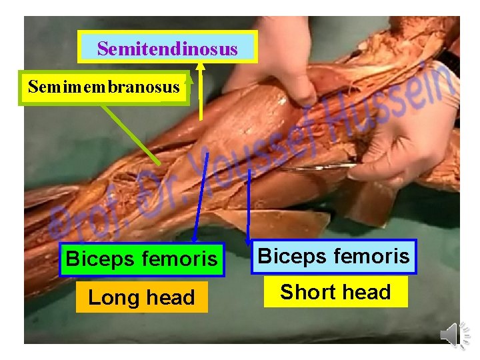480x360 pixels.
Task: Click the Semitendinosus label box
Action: point(167,49)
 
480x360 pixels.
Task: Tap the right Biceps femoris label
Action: point(333,256)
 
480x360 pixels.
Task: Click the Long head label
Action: point(141,297)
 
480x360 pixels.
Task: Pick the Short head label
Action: point(335,292)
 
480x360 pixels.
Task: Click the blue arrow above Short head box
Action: point(249,207)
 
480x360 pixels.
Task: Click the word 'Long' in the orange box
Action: point(112,297)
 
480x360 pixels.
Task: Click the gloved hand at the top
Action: point(280,53)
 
